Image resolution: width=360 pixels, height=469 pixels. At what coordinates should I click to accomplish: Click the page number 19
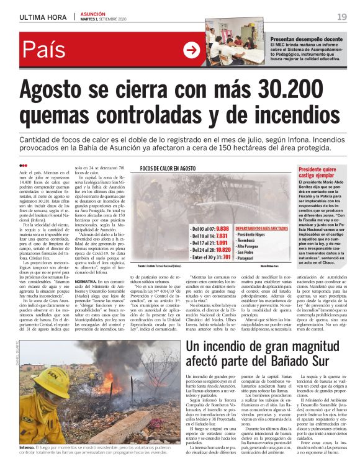click(342, 16)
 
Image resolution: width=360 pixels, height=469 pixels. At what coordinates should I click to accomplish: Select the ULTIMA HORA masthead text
click(43, 16)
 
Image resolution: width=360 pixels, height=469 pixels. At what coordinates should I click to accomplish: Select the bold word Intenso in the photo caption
click(27, 446)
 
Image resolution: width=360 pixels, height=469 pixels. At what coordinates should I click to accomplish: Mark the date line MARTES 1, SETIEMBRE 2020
click(106, 19)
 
